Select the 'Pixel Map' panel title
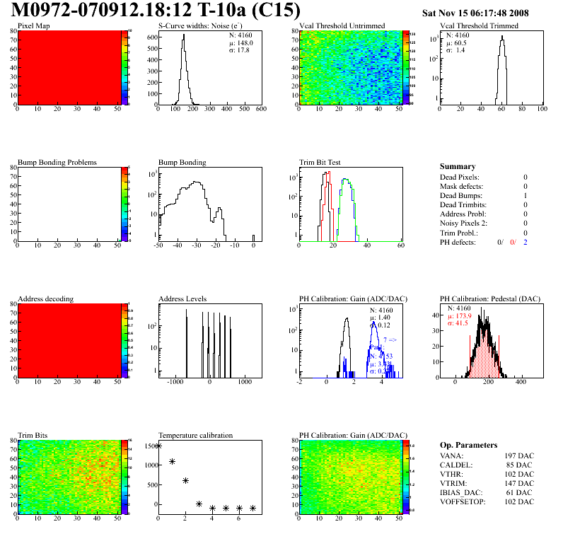[x=33, y=26]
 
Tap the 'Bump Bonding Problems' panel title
[x=57, y=163]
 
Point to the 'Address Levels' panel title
[x=183, y=299]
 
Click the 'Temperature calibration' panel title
[x=196, y=436]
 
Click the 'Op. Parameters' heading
[x=468, y=446]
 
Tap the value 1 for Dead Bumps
[x=526, y=196]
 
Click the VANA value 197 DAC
[x=519, y=455]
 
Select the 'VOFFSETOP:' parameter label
[x=463, y=501]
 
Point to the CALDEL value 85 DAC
[x=521, y=465]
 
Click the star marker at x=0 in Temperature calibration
[x=158, y=446]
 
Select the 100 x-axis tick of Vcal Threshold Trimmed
[x=542, y=110]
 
